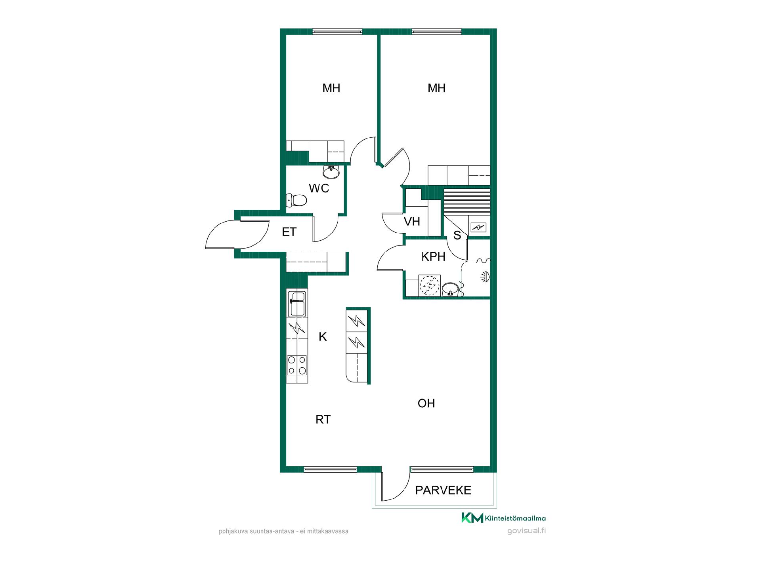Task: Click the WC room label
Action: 319,188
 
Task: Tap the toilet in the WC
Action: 296,200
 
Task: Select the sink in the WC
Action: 331,172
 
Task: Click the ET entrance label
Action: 289,232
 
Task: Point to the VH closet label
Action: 412,221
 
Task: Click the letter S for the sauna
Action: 457,236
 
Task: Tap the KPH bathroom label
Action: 433,257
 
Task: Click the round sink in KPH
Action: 450,289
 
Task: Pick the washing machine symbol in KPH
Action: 429,285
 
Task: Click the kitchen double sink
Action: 297,304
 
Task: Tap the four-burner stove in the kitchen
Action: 297,365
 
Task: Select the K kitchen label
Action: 323,337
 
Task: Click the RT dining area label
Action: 323,420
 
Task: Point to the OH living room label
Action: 426,403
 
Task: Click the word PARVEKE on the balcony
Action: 443,490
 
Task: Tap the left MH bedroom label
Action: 331,88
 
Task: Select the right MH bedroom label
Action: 436,88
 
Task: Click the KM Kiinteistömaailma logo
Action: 503,518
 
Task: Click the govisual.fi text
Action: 526,531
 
